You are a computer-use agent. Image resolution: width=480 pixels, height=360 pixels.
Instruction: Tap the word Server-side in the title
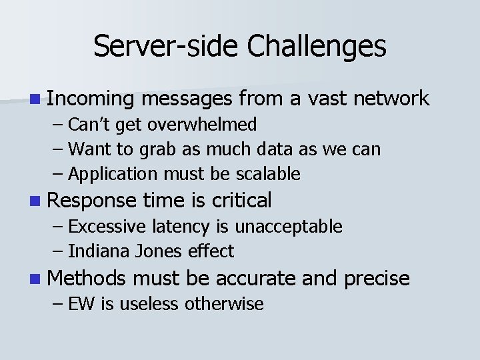(x=165, y=47)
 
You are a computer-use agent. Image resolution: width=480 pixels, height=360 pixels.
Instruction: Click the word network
(x=391, y=99)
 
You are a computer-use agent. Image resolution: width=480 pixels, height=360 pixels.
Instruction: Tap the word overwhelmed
(x=203, y=125)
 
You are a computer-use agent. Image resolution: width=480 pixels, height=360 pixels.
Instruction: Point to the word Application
(x=113, y=175)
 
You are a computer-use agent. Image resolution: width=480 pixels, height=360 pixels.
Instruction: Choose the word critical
(x=241, y=199)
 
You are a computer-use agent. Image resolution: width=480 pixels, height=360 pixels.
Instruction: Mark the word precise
(x=377, y=278)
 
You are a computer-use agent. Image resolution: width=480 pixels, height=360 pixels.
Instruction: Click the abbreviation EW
(x=82, y=304)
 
